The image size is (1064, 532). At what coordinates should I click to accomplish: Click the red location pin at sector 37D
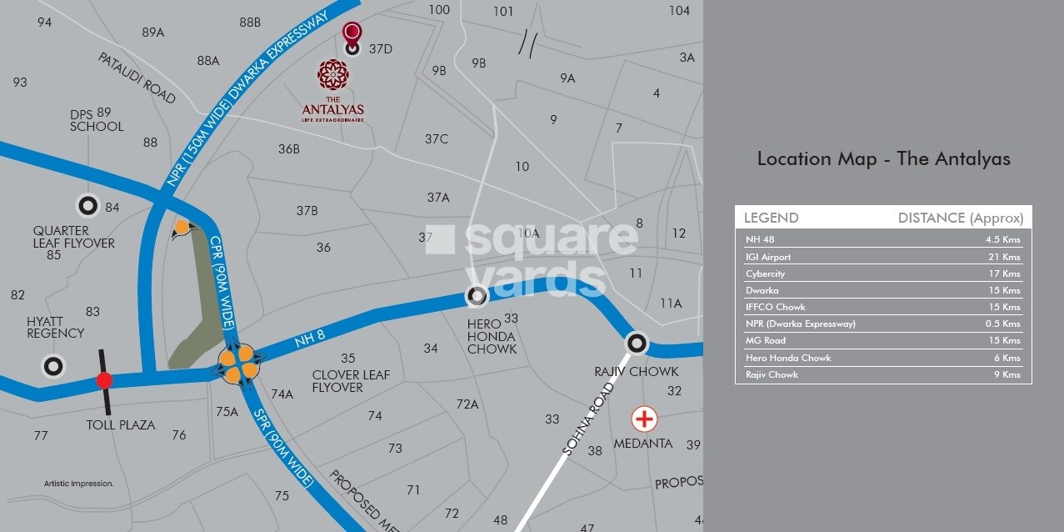click(x=352, y=36)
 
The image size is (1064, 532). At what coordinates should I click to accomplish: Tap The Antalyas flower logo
click(x=332, y=75)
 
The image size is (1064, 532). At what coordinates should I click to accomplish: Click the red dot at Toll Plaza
click(x=104, y=381)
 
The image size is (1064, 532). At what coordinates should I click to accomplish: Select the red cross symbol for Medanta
click(x=643, y=419)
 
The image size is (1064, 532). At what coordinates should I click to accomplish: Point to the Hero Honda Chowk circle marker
click(x=477, y=296)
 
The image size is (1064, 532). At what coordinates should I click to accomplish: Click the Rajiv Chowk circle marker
click(x=637, y=343)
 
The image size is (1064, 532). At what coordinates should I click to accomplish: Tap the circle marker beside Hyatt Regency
click(x=54, y=366)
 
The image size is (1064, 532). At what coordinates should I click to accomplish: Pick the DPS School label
click(x=96, y=120)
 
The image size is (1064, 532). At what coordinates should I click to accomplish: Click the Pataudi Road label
click(x=137, y=78)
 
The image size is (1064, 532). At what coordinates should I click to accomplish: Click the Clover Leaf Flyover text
click(x=351, y=381)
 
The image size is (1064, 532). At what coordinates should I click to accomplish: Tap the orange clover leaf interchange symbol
click(x=242, y=364)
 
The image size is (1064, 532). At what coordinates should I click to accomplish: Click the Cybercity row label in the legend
click(x=765, y=274)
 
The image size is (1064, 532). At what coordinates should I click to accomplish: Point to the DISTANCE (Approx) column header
click(x=960, y=218)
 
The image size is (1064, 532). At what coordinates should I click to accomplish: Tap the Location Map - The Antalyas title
click(x=883, y=159)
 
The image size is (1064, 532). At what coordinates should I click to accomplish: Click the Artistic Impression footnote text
click(x=78, y=484)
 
